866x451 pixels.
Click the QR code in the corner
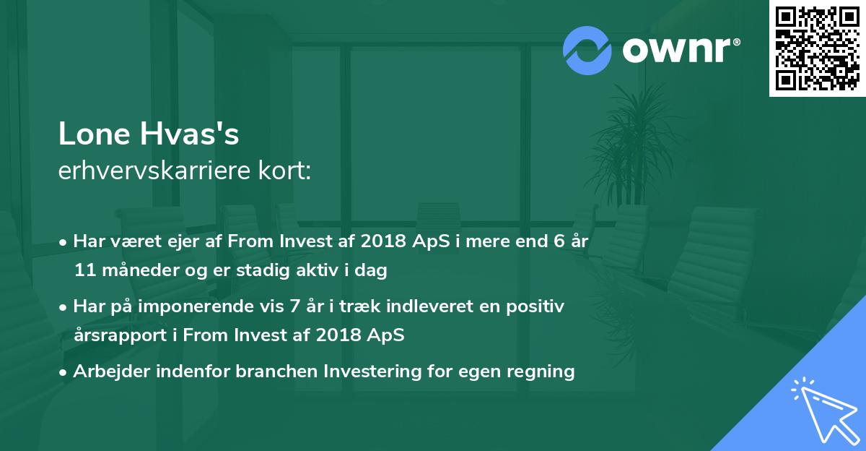tap(818, 48)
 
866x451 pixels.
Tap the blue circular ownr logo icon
tap(587, 51)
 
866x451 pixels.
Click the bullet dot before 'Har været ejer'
tap(64, 241)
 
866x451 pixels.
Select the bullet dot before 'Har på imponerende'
tap(64, 306)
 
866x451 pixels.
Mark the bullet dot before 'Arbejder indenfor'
tap(64, 371)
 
